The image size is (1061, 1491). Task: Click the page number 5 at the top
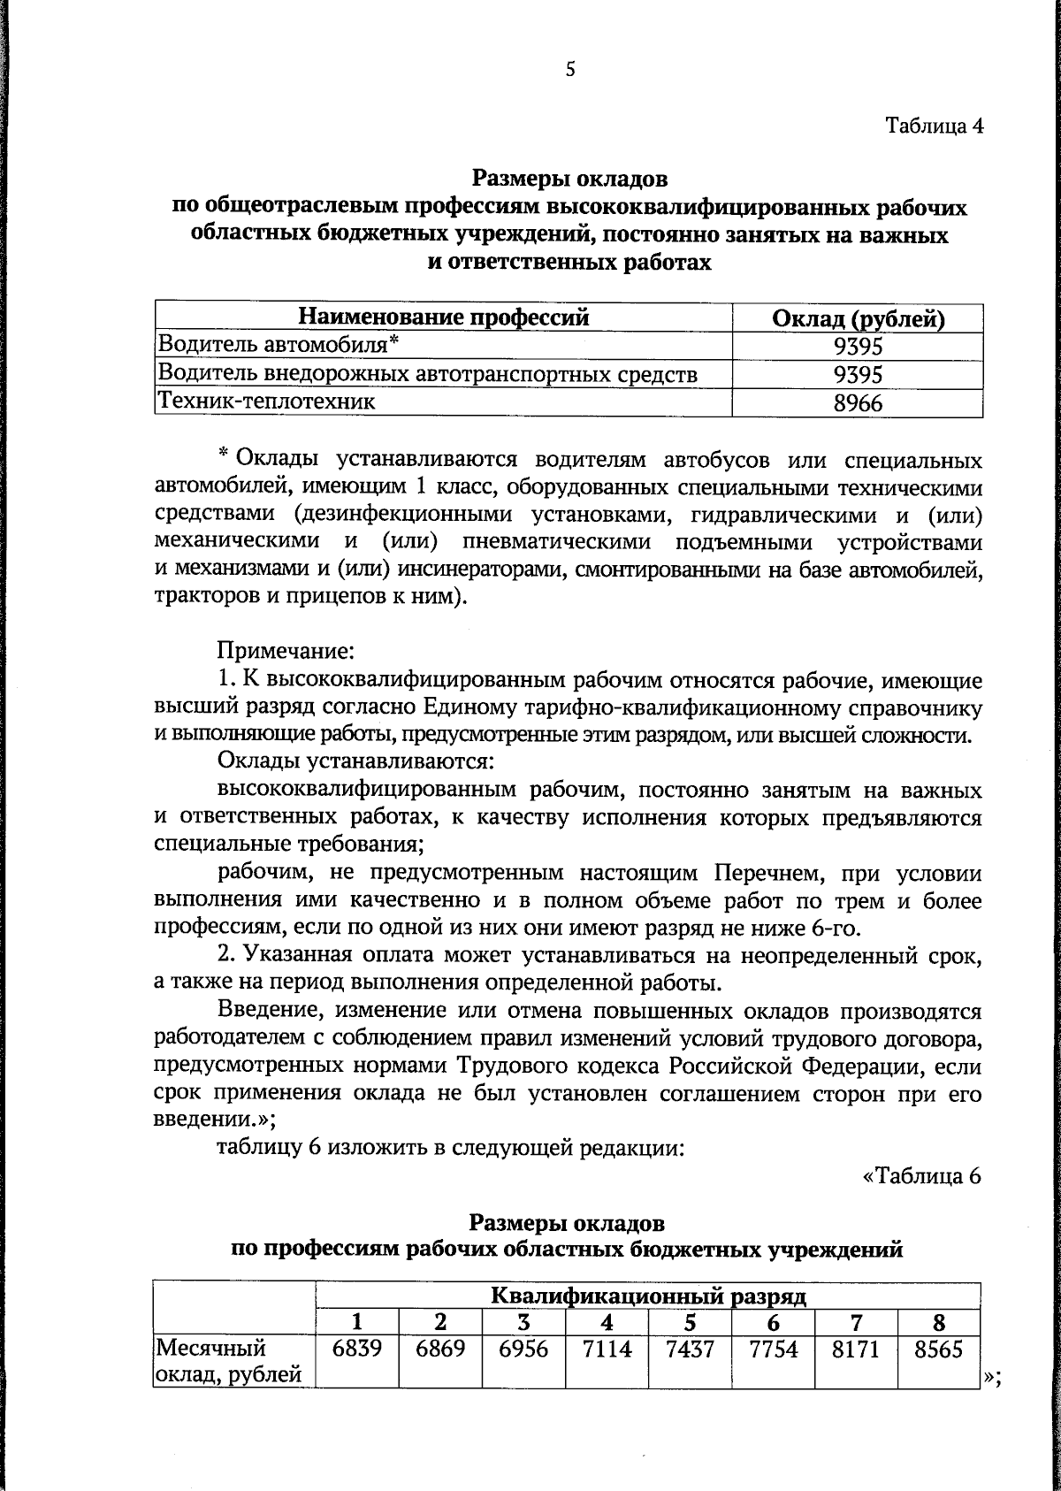tap(569, 70)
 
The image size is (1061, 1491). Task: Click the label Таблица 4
tap(935, 126)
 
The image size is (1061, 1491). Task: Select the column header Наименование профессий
tap(443, 317)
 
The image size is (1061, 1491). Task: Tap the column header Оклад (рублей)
tap(858, 318)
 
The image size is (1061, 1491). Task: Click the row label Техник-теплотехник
tap(266, 401)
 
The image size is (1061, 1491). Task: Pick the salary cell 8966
tap(858, 403)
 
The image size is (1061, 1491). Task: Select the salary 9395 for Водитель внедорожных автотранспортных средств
tap(858, 374)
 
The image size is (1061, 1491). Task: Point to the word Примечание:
tap(286, 653)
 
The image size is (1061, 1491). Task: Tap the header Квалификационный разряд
tap(648, 1296)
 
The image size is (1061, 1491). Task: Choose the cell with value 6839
tap(357, 1350)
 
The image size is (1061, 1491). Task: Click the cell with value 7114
tap(607, 1350)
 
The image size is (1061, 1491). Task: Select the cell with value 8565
tap(938, 1350)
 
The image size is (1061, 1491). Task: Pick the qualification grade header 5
tap(690, 1323)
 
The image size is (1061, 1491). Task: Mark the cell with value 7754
tap(773, 1350)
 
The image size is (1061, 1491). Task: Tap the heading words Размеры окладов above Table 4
tap(569, 180)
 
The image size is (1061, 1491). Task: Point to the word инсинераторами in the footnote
tap(477, 570)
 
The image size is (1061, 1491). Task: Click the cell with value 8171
tap(855, 1350)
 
